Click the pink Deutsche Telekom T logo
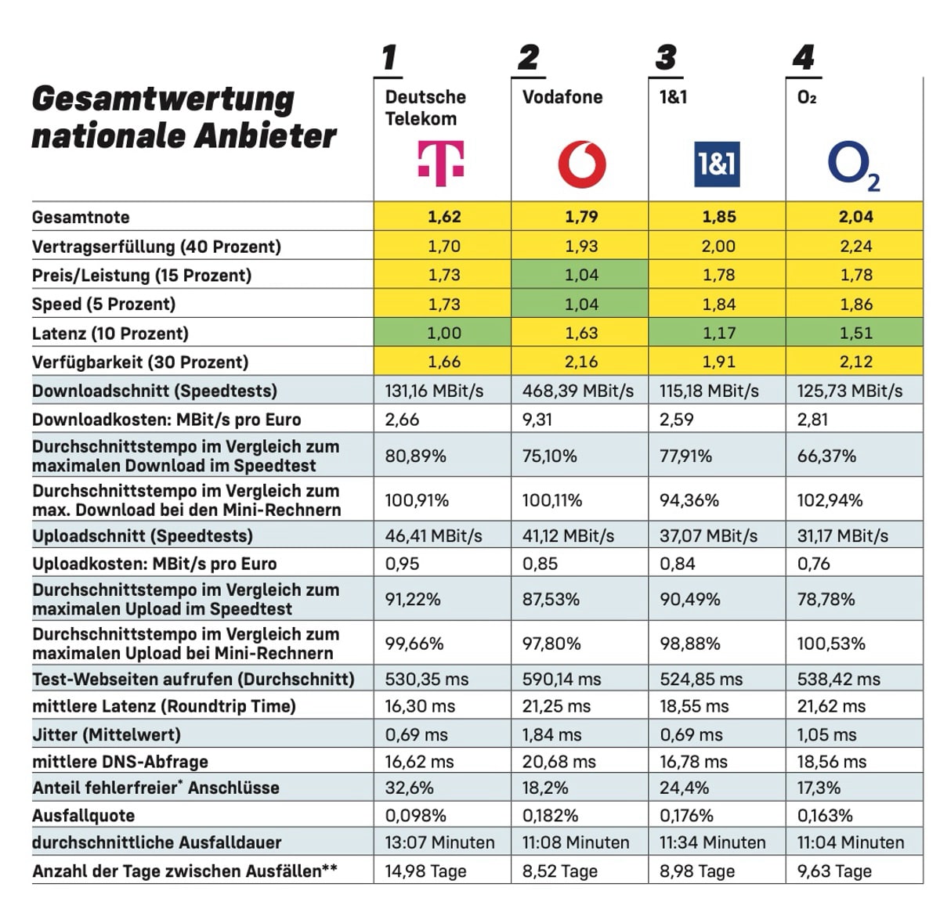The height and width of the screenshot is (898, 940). pyautogui.click(x=441, y=163)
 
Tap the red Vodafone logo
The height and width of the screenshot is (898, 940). pyautogui.click(x=581, y=165)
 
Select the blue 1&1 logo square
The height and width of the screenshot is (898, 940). pyautogui.click(x=717, y=164)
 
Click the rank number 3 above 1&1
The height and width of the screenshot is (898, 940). pyautogui.click(x=666, y=58)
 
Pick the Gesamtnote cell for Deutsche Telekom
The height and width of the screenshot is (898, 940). pyautogui.click(x=444, y=217)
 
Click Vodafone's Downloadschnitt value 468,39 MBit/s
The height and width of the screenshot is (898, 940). pyautogui.click(x=578, y=391)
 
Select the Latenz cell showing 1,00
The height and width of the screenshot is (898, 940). pyautogui.click(x=444, y=333)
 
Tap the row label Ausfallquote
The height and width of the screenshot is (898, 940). pyautogui.click(x=83, y=816)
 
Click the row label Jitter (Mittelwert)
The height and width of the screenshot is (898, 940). pyautogui.click(x=106, y=734)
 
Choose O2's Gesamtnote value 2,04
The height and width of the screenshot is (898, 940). pyautogui.click(x=855, y=217)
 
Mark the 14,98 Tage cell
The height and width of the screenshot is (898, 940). pyautogui.click(x=425, y=871)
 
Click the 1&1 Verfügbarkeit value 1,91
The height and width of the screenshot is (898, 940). pyautogui.click(x=718, y=362)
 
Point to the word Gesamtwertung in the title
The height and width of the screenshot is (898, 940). pyautogui.click(x=163, y=99)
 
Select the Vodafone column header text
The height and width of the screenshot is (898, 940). pyautogui.click(x=562, y=97)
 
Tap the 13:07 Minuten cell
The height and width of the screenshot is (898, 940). pyautogui.click(x=439, y=842)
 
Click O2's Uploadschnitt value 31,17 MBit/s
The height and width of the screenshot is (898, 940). pyautogui.click(x=842, y=536)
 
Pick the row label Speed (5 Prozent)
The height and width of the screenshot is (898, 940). pyautogui.click(x=103, y=304)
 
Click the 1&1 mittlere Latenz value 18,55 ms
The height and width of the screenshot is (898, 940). pyautogui.click(x=694, y=706)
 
